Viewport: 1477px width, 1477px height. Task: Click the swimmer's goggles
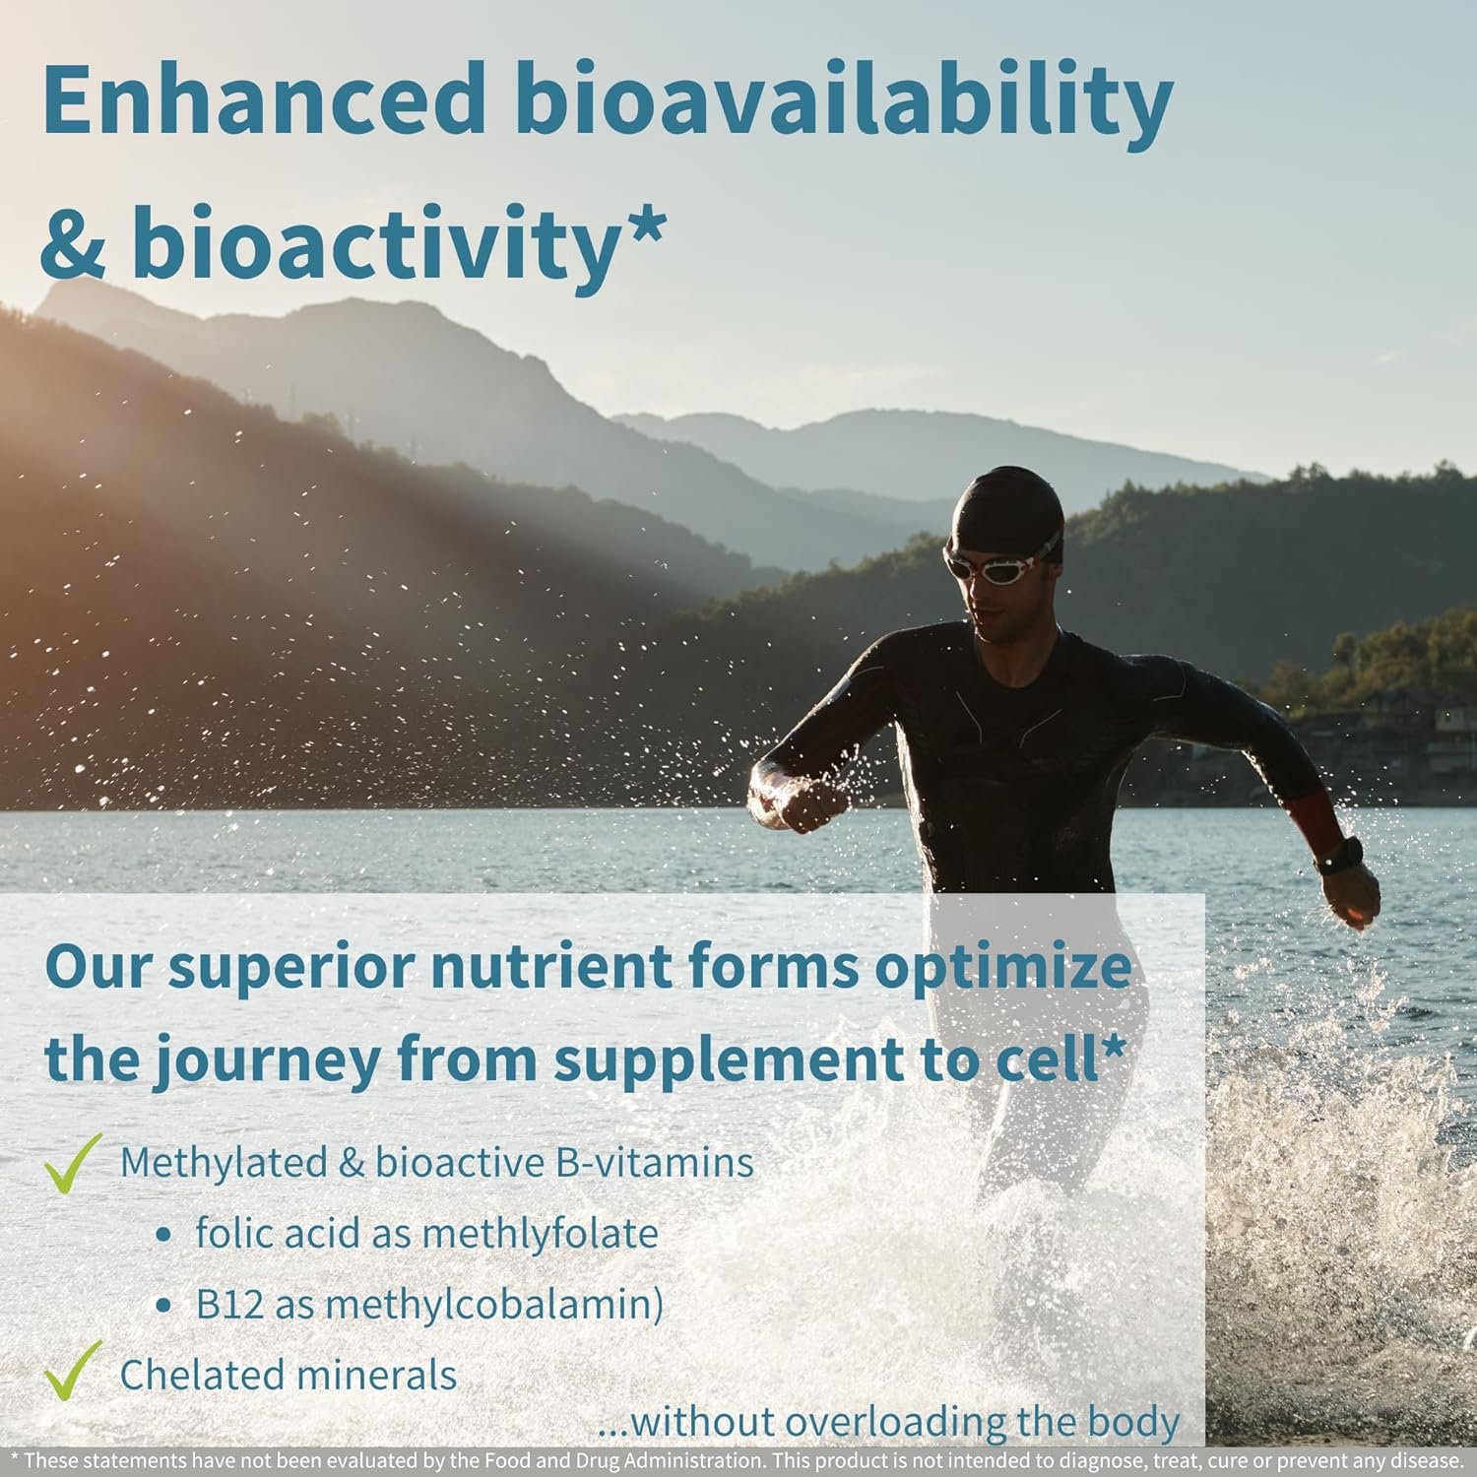click(x=1000, y=562)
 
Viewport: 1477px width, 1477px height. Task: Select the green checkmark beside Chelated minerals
click(x=74, y=1370)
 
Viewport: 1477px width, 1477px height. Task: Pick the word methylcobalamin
click(x=487, y=1305)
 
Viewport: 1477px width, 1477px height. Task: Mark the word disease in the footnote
click(x=1423, y=1459)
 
